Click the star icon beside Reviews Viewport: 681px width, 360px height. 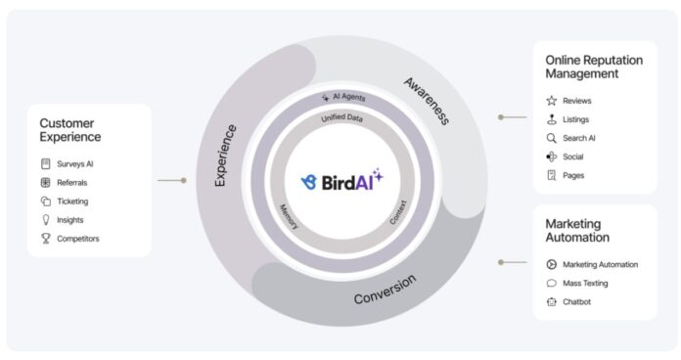pos(552,101)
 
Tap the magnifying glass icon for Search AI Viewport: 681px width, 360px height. pos(552,138)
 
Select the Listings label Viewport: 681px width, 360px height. pos(576,119)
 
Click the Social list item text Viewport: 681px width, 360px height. pos(572,157)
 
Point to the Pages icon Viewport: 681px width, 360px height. pos(552,175)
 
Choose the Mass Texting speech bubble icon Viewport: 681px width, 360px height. pos(552,283)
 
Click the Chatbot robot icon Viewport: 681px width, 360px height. pos(552,302)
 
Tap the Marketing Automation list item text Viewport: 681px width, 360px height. pos(600,264)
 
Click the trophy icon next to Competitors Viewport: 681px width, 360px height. pos(46,239)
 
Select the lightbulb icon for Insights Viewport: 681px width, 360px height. pos(46,220)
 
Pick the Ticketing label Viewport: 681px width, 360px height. pos(72,202)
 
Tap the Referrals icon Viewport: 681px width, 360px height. pos(46,183)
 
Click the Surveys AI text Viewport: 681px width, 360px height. pos(75,164)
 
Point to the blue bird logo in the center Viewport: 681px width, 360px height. pos(309,182)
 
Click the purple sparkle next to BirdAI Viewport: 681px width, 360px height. pos(378,174)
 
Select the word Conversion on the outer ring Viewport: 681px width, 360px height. pos(385,290)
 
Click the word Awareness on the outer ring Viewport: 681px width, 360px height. pos(427,101)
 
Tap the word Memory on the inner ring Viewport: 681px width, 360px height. pos(290,217)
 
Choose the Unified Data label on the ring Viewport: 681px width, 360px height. pos(341,117)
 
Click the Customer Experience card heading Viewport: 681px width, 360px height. pos(69,130)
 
